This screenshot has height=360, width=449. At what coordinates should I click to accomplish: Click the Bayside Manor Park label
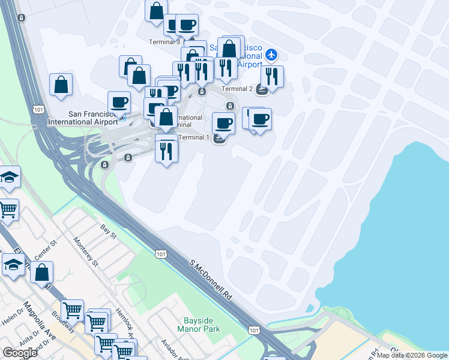click(199, 325)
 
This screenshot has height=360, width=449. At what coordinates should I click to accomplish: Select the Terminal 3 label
click(164, 42)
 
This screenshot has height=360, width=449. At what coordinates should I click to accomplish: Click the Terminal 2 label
click(237, 89)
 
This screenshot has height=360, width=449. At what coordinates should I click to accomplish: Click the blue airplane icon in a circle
click(271, 55)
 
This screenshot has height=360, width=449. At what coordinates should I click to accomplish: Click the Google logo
click(20, 352)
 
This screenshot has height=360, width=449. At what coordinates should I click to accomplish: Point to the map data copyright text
click(412, 355)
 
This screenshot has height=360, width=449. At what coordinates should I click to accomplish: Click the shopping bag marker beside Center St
click(43, 272)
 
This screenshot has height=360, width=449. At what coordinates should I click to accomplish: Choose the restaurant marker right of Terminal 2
click(273, 76)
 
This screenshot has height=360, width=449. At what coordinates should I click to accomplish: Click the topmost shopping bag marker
click(156, 11)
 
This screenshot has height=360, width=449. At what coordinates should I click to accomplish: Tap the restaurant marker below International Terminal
click(166, 149)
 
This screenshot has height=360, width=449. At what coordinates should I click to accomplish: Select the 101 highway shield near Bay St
click(161, 254)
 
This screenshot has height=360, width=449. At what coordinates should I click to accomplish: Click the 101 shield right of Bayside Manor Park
click(255, 330)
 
